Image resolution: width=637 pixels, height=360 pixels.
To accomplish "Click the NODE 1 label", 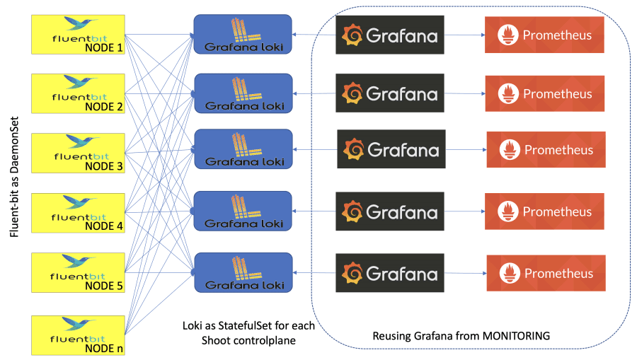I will pos(103,47).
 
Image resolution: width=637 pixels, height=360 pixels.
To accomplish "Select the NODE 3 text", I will pos(103,166).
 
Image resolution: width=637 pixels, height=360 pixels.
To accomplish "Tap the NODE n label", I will pos(103,348).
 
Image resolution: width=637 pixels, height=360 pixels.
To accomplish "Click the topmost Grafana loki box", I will pos(243,34).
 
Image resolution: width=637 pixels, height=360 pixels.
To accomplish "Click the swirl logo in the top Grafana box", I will pos(352,35).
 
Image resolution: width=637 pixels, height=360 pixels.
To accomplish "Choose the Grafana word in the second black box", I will pos(402,94).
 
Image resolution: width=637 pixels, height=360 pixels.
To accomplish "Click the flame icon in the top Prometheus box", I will pos(507,35).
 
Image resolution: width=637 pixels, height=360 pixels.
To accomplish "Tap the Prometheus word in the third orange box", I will pos(558,151).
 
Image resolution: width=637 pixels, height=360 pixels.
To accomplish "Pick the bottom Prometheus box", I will pos(546,273).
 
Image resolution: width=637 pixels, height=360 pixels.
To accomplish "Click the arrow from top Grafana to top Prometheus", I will pos(464,35).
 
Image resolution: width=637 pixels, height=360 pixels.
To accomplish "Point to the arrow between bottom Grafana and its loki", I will pos(314,273).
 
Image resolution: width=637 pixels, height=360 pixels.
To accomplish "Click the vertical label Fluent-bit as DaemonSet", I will pos(15,180).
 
